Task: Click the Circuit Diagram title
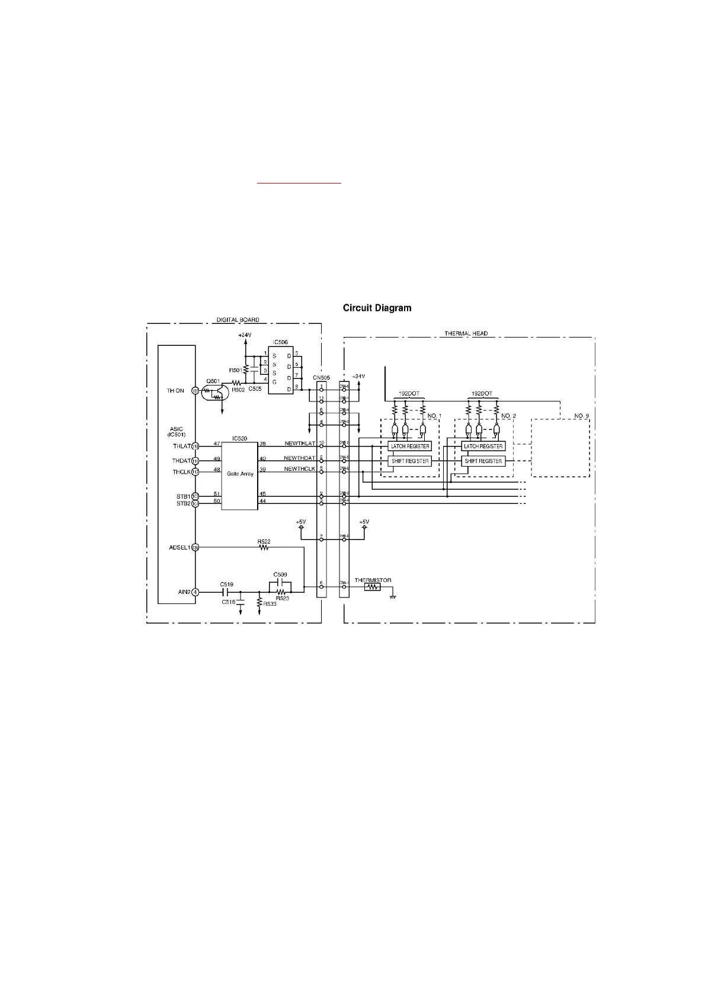tap(377, 308)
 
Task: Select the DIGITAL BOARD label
tap(238, 320)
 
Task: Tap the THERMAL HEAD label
tap(466, 333)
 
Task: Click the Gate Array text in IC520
tap(240, 473)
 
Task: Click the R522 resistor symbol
tap(264, 548)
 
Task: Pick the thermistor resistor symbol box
tap(372, 587)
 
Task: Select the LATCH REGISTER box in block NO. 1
tap(410, 446)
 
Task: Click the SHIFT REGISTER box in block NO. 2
tap(483, 461)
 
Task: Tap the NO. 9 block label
tap(582, 416)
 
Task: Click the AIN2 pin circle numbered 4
tap(196, 592)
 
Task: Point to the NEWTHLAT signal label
tap(299, 444)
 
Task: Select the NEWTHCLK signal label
tap(299, 469)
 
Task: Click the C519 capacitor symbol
tap(226, 592)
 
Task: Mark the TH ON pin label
tap(176, 391)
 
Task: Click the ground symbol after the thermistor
tap(392, 596)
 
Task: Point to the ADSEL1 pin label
tap(180, 548)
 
